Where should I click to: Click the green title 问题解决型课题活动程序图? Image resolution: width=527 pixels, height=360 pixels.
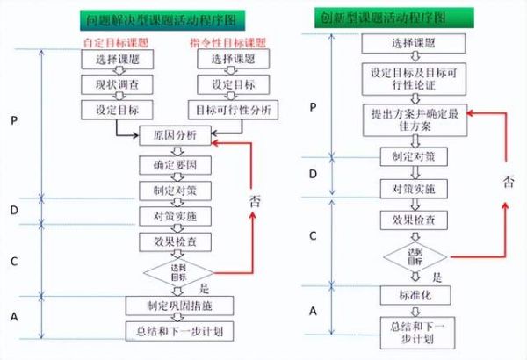tap(168, 18)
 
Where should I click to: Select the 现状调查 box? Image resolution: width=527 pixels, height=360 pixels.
tap(116, 84)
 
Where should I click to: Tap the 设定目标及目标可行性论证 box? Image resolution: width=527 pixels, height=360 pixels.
tap(409, 78)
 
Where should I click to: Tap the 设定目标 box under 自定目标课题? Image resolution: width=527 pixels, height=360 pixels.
tap(116, 110)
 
